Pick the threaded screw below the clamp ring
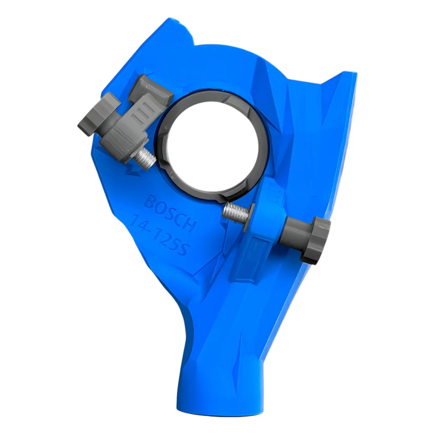(x=236, y=213)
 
